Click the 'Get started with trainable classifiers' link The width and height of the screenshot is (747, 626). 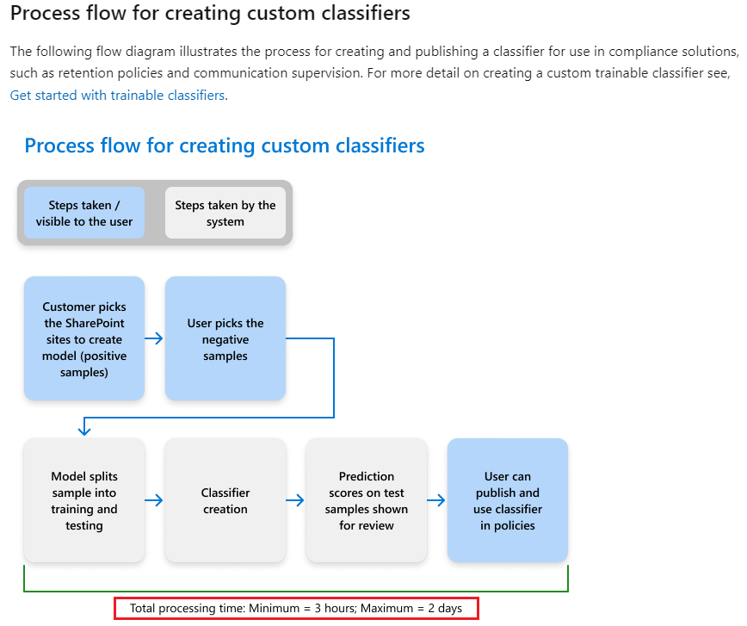pos(118,96)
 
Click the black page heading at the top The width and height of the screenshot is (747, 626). pos(210,15)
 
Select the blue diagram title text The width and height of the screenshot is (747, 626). pos(225,146)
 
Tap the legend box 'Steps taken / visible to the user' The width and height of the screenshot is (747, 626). pos(84,213)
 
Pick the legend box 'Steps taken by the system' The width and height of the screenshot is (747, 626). pos(225,213)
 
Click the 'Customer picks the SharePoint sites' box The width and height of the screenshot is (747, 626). pos(84,338)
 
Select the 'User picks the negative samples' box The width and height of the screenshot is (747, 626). pos(225,338)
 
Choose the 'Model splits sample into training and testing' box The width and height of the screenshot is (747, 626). pos(84,500)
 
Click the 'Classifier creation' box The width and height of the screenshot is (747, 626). pos(225,500)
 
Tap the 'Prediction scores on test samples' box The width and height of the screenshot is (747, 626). pos(367,500)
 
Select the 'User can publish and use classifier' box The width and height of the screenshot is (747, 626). pos(508,500)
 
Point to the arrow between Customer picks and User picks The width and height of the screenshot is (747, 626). pos(154,338)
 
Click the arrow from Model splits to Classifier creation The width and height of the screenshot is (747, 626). pos(154,500)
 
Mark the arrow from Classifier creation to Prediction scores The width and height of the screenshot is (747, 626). pos(295,500)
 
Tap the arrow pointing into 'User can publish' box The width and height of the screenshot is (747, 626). pos(436,500)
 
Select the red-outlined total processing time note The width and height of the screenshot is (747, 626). pos(296,608)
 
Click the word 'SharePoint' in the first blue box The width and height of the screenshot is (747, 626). pos(84,323)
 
